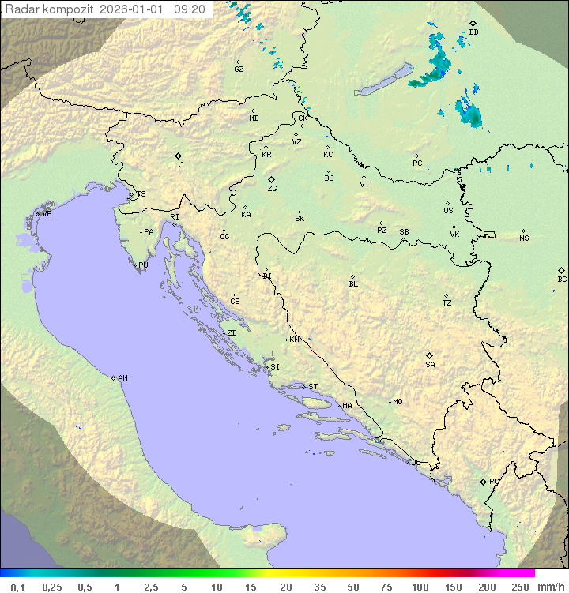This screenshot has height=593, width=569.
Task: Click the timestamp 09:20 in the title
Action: click(x=190, y=9)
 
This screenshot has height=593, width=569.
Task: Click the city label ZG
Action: click(x=272, y=189)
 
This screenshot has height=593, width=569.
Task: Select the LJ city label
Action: click(x=179, y=165)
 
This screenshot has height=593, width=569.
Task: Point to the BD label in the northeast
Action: click(x=473, y=32)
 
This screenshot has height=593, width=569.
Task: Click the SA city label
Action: click(x=430, y=365)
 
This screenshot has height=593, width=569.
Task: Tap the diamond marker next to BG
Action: click(x=561, y=270)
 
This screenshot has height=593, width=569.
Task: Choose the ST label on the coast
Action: click(x=313, y=387)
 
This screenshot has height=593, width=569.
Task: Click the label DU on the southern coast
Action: click(x=416, y=463)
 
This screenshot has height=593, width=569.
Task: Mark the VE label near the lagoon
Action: click(x=47, y=214)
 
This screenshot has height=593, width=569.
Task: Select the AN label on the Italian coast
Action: click(x=122, y=378)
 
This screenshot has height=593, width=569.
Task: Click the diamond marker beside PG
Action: click(x=483, y=481)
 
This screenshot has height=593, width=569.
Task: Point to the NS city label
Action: click(x=524, y=238)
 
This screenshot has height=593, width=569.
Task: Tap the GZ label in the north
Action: click(x=239, y=69)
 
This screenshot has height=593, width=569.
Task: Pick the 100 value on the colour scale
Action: click(x=420, y=587)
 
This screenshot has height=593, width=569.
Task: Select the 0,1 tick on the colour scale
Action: click(x=17, y=587)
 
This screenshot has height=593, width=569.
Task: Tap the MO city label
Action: click(x=398, y=402)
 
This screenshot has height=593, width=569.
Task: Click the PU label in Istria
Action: click(x=143, y=265)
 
